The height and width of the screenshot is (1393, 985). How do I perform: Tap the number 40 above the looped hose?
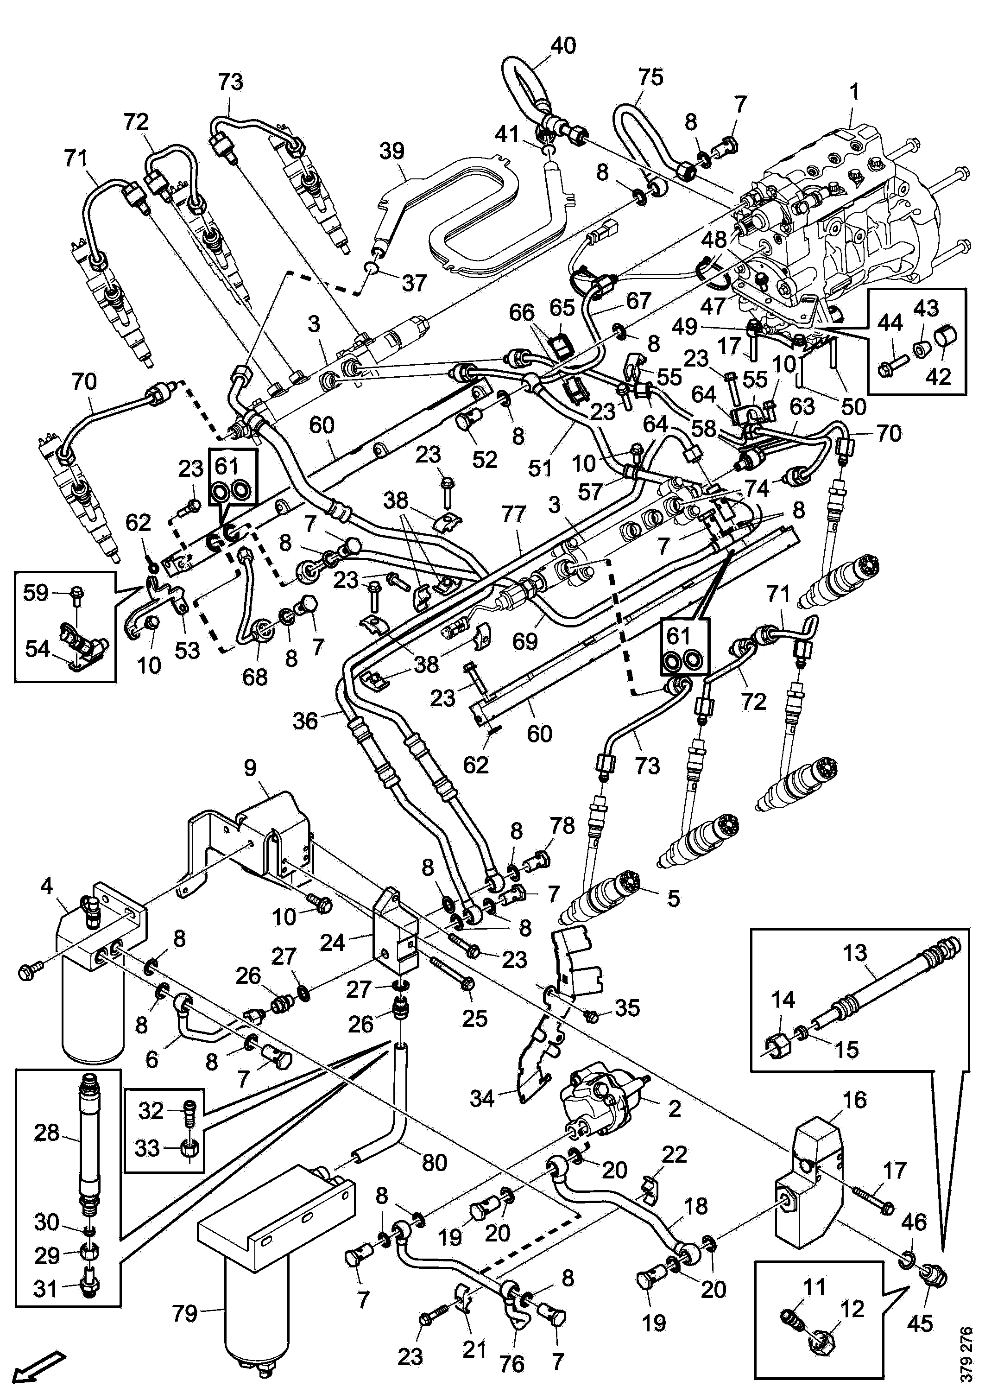click(x=563, y=45)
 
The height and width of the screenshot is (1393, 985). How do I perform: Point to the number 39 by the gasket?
click(x=392, y=151)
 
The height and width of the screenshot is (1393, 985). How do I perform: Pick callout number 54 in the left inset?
click(x=38, y=649)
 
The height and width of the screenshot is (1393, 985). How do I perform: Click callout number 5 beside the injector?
click(x=673, y=899)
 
